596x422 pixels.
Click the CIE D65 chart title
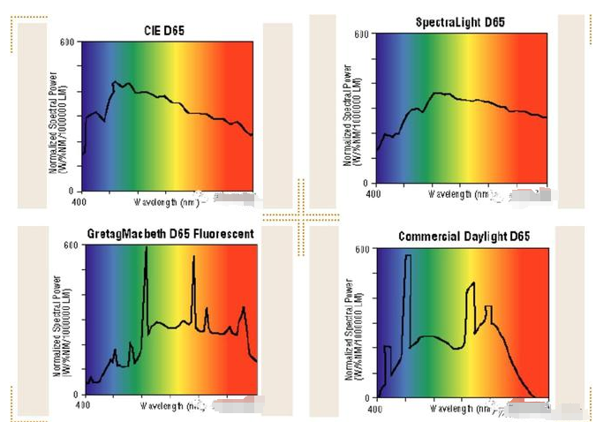pos(164,31)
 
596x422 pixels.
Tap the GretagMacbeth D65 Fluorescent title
pos(170,234)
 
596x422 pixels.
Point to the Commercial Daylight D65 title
pos(464,237)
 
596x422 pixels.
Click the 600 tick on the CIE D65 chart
pos(67,42)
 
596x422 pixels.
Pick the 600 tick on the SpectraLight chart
pos(360,34)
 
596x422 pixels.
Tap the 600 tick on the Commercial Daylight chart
pos(361,250)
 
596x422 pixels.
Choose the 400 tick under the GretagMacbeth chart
pos(81,405)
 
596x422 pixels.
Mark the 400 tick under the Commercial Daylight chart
pos(374,410)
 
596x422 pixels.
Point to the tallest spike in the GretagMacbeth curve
pos(146,251)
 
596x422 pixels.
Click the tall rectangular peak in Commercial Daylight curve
pos(407,258)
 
